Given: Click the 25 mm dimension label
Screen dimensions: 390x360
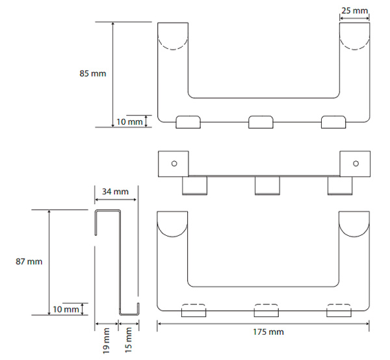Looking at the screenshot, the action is pyautogui.click(x=354, y=10).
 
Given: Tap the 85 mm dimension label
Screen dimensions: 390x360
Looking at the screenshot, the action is pyautogui.click(x=93, y=73).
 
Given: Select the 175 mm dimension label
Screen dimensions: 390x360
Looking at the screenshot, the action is pyautogui.click(x=268, y=332).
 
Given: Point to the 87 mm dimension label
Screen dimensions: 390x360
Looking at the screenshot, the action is pyautogui.click(x=29, y=261).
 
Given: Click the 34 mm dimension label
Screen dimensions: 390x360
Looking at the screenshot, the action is pyautogui.click(x=116, y=192).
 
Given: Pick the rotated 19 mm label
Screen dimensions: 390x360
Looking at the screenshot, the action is pyautogui.click(x=106, y=341).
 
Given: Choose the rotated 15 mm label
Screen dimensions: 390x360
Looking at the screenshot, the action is pyautogui.click(x=128, y=340).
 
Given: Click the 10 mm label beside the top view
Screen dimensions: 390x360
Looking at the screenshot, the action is pyautogui.click(x=129, y=122).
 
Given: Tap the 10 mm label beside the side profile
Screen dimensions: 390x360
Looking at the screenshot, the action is pyautogui.click(x=66, y=309).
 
